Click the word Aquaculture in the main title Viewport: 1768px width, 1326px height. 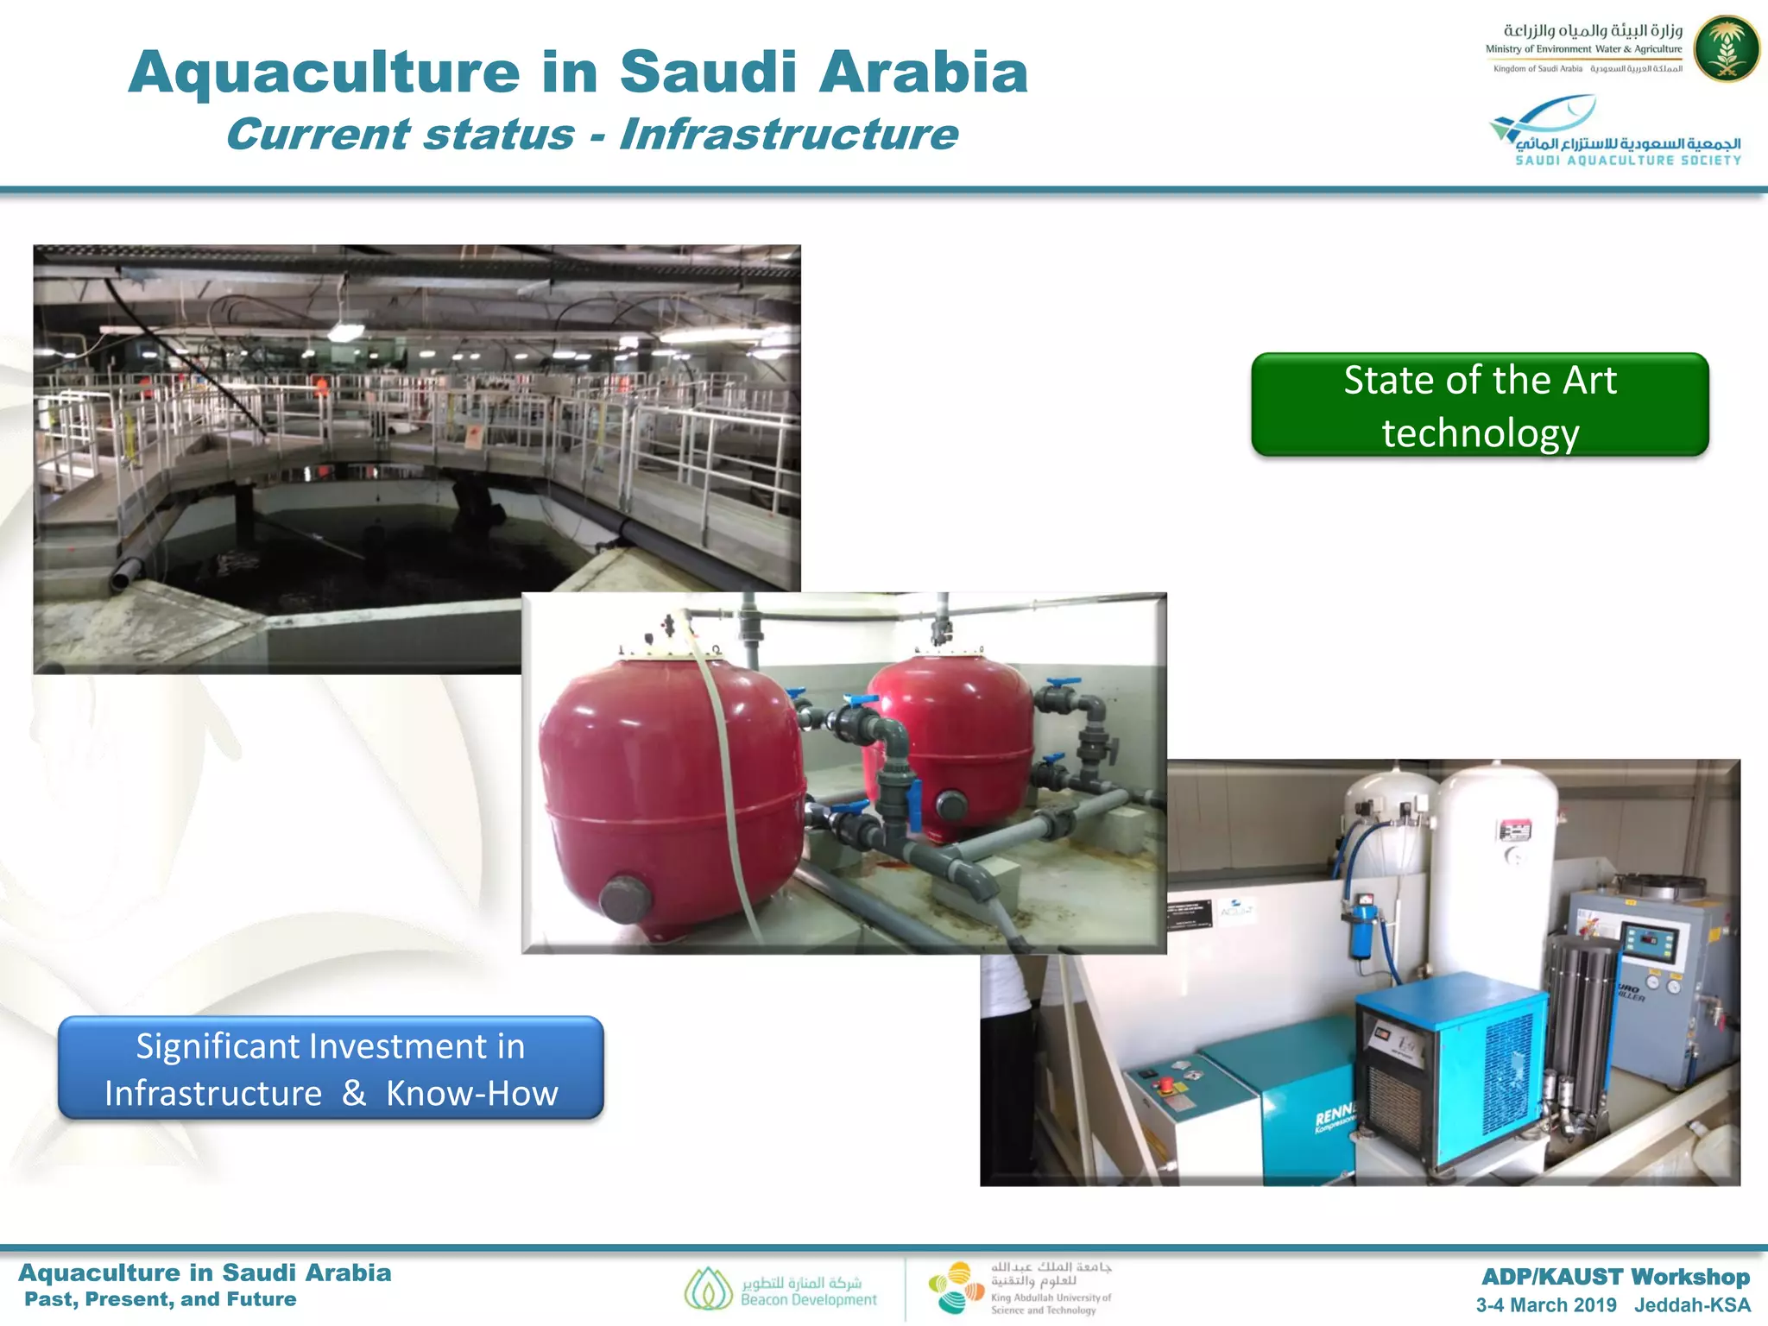tap(325, 73)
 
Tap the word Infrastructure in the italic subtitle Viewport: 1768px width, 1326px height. tap(788, 135)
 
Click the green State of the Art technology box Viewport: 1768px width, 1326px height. tap(1480, 405)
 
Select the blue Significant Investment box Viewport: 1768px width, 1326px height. tap(331, 1069)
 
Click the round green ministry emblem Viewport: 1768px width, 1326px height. tap(1726, 49)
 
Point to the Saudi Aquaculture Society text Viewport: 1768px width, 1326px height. tap(1628, 161)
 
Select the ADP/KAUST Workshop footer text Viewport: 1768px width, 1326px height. tap(1615, 1277)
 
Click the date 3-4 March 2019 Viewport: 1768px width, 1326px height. tap(1545, 1305)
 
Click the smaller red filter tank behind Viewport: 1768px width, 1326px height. tap(950, 742)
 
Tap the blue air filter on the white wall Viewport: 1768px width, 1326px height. tap(1361, 928)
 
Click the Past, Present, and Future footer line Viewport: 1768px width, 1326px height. tap(161, 1299)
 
